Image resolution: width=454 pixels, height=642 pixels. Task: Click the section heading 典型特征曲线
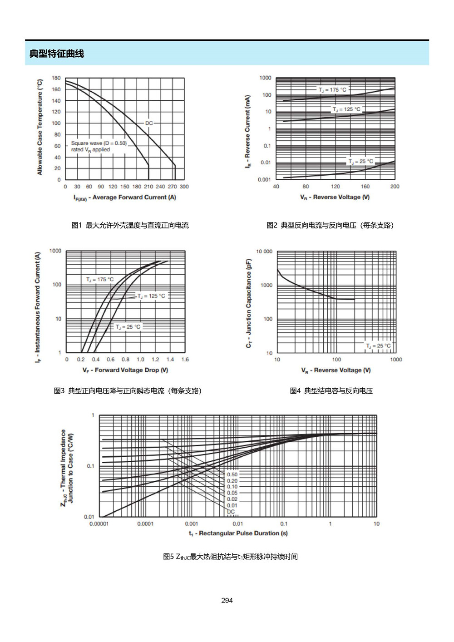pos(56,54)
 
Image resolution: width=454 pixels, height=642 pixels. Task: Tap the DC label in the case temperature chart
pos(149,123)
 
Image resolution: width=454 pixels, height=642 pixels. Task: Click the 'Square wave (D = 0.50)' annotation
pos(99,143)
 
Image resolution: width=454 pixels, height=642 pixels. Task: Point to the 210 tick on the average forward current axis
pos(148,187)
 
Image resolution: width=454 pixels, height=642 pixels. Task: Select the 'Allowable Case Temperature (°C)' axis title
pos(39,127)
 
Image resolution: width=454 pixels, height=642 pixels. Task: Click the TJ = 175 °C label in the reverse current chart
pos(332,90)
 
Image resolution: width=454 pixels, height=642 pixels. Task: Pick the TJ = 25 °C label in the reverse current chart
pos(361,161)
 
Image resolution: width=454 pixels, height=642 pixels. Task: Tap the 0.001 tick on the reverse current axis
pos(264,180)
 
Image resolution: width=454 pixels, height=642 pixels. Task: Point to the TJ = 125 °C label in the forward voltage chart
pos(151,296)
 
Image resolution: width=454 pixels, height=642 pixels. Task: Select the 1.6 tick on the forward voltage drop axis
pos(185,360)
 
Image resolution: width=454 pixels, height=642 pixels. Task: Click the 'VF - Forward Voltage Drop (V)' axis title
pos(125,370)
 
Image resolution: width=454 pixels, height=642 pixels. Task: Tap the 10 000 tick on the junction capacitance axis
pos(264,252)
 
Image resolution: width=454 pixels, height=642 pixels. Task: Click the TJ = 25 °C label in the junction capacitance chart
pos(378,346)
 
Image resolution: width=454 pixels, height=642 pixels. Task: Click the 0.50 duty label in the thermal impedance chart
pos(232,474)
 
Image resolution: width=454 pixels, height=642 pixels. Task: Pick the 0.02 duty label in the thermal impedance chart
pos(232,499)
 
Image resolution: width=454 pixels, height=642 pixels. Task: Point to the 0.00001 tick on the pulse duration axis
pos(99,523)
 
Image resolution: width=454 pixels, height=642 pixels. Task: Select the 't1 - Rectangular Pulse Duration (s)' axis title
pos(238,533)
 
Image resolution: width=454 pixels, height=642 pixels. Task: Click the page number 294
pos(227,600)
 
